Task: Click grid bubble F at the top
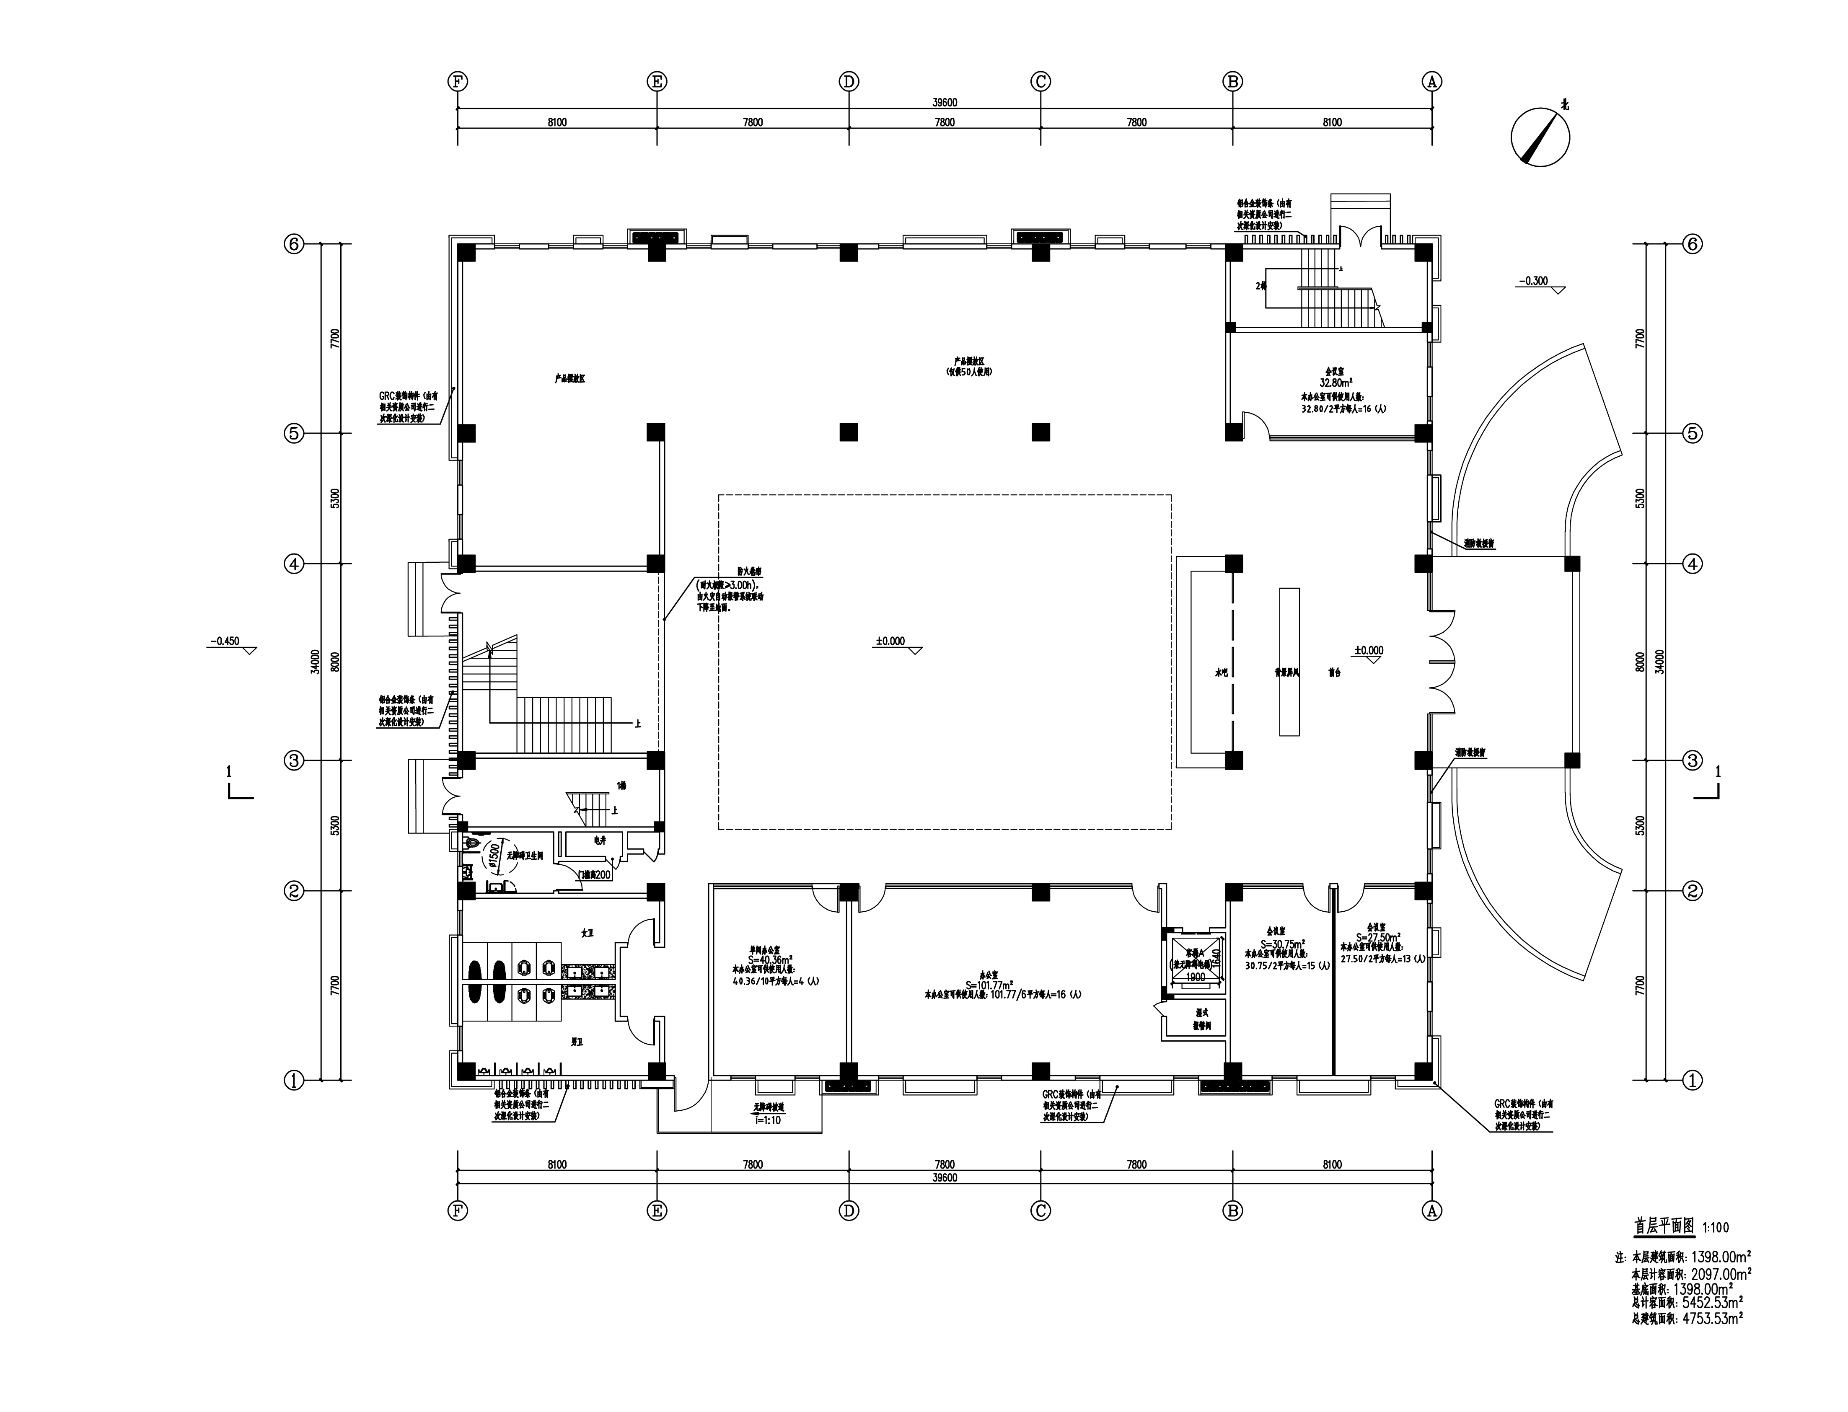coord(458,82)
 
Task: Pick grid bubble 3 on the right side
coord(1693,760)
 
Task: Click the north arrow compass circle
coord(1540,136)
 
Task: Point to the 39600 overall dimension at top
coord(945,103)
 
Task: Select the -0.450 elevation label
coord(225,641)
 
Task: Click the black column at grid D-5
coord(849,432)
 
